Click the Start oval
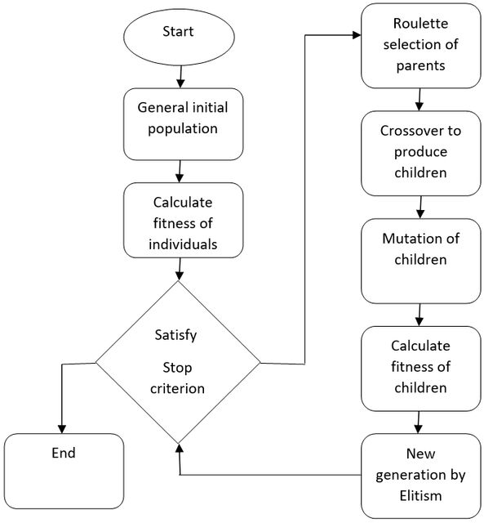(179, 37)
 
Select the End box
(64, 471)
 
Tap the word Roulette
(420, 24)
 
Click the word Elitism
(420, 496)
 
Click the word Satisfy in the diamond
(175, 336)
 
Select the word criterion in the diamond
(177, 389)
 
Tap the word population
(183, 129)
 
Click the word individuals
(183, 244)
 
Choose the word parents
(420, 66)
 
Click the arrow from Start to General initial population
(180, 77)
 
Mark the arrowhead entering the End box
(62, 429)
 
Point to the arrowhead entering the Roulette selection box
(357, 34)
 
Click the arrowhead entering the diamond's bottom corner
(180, 449)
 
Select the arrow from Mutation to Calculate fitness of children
(420, 315)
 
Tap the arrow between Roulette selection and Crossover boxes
(420, 100)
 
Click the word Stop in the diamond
(177, 368)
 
